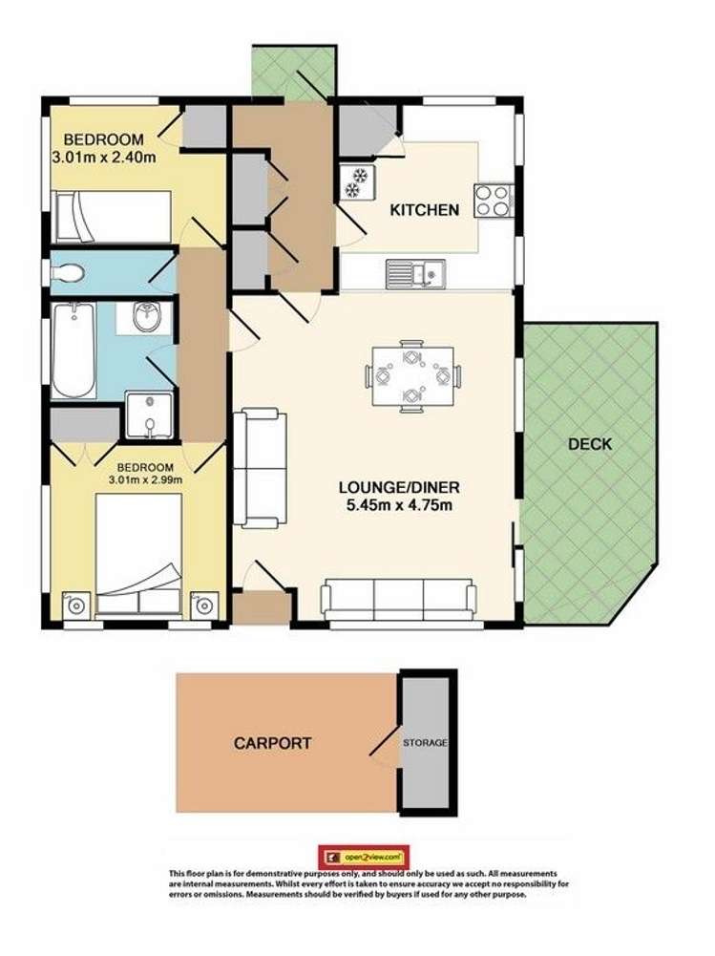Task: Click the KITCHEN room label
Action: (425, 210)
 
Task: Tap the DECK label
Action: (589, 444)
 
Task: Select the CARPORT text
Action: (272, 743)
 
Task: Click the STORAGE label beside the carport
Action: (425, 743)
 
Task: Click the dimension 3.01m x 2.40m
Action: (103, 158)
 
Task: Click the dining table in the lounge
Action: (412, 374)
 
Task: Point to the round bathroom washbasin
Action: (148, 318)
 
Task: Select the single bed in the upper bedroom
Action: (113, 217)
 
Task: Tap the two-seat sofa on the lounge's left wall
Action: (260, 467)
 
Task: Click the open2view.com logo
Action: (364, 855)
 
